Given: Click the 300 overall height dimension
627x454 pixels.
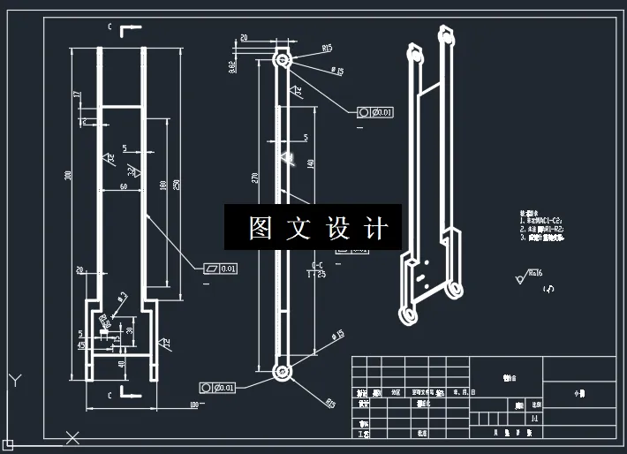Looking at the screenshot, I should coord(68,175).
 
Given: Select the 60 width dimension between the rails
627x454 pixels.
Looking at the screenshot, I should coord(123,186).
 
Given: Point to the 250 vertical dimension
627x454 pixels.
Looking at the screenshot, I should coord(178,184).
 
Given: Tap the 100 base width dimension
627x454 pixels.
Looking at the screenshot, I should coord(193,405).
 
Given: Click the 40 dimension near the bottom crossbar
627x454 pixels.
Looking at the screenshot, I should coord(121,363).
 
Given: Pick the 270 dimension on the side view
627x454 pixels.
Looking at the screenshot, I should coord(255,177).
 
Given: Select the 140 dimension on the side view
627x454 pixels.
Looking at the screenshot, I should coord(310,163).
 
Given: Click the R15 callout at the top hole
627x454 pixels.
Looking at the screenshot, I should coord(327,49).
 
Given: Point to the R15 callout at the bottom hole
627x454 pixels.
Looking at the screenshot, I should coord(330,403).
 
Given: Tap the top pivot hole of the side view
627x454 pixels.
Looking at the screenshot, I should coord(283,61).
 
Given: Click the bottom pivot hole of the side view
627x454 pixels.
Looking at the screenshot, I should coord(283,373).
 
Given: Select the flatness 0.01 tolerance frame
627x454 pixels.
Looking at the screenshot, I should coord(221,269).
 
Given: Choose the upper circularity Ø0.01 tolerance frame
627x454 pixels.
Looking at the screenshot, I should coord(375,112).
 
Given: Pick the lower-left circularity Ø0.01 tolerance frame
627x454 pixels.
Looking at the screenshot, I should coord(217,387).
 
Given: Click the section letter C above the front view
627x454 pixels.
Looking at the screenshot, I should coord(110,27).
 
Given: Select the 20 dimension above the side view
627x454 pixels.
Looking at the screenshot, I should coord(244,38).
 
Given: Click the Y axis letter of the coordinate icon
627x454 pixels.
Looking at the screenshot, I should coord(13,380).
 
